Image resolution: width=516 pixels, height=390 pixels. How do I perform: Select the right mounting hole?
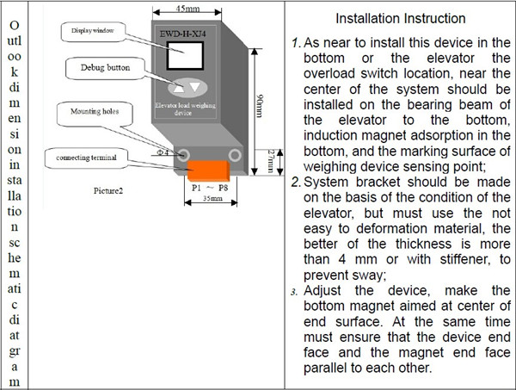(231, 153)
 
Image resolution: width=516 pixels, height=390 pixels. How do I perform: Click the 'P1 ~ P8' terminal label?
(210, 187)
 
